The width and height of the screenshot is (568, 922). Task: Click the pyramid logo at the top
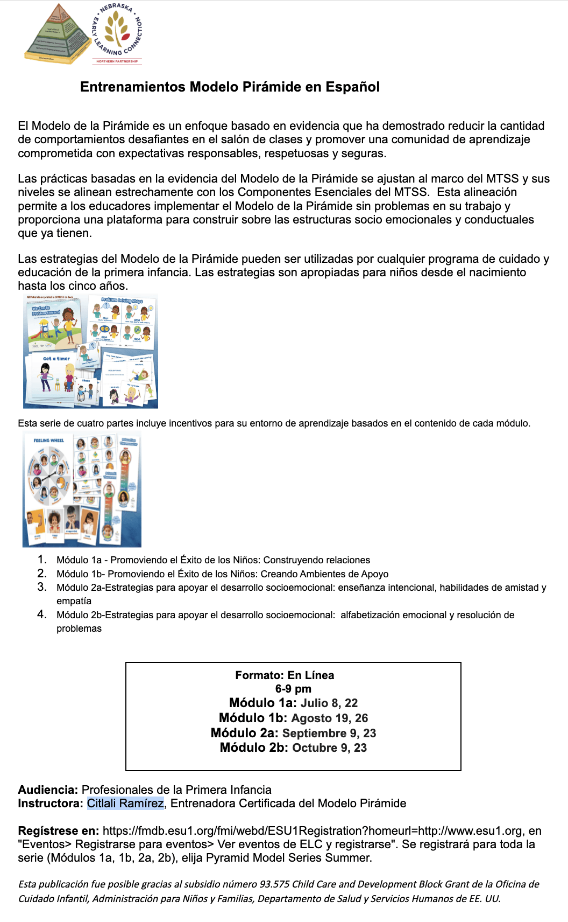coord(58,34)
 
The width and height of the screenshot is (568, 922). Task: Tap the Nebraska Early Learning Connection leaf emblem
coord(117,30)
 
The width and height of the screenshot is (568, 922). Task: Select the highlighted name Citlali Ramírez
coord(125,804)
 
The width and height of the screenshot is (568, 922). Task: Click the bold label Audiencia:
coord(48,790)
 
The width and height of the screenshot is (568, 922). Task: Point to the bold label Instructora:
coord(51,804)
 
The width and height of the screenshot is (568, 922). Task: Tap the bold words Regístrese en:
coord(58,831)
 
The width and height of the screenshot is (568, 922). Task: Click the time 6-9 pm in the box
coord(293,689)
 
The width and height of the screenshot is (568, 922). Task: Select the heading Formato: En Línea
coord(285,675)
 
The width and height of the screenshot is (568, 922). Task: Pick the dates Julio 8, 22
coord(329,703)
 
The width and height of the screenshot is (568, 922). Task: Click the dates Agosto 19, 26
coord(329,718)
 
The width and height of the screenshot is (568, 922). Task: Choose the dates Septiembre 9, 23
coord(329,734)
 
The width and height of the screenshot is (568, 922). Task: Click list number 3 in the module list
coord(42,587)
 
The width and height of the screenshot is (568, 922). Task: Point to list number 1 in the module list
coord(42,560)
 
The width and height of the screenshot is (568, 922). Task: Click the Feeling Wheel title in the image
coord(48,441)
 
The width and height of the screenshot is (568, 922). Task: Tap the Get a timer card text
coord(56,359)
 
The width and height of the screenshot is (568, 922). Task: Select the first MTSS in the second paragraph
coord(502,179)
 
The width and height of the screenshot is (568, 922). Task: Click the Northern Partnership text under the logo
coord(117,61)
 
